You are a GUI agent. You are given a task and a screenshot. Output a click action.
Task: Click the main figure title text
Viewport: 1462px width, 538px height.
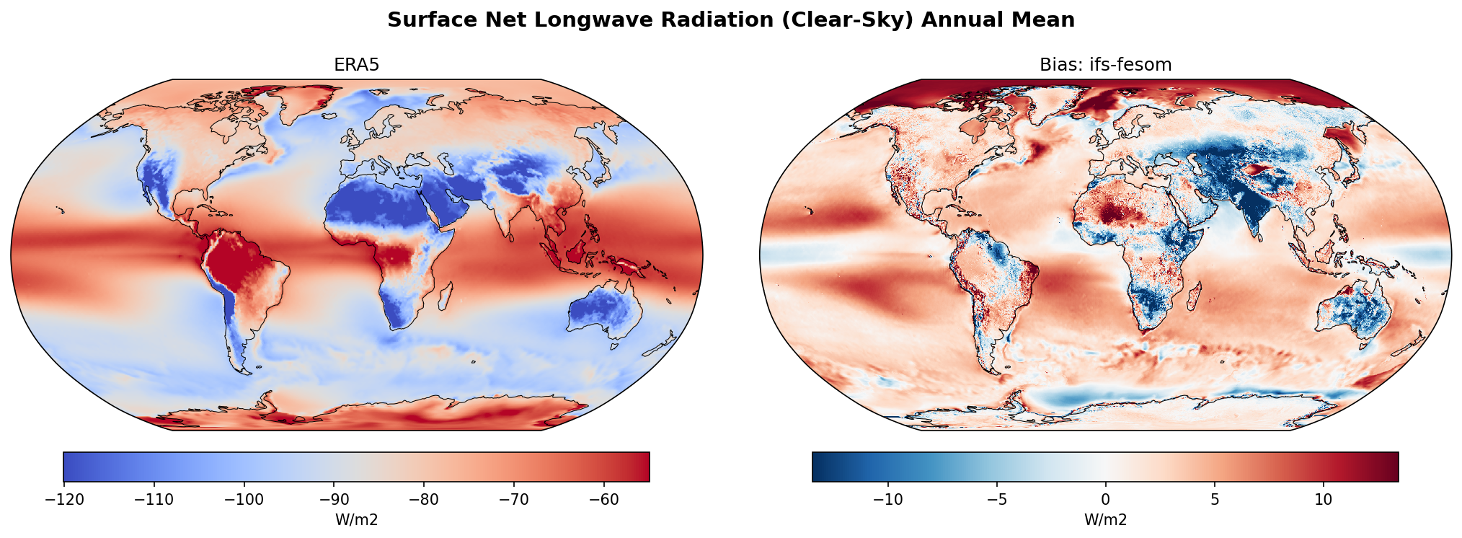point(730,19)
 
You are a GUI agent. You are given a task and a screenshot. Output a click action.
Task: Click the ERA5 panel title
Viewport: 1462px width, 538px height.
point(356,65)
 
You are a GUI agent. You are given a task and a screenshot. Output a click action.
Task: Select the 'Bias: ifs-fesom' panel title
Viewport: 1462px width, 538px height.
point(1105,65)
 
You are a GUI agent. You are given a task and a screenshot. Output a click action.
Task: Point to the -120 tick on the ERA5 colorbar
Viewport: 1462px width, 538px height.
point(64,500)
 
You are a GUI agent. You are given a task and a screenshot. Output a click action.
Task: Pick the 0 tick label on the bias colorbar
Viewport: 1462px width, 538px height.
point(1105,500)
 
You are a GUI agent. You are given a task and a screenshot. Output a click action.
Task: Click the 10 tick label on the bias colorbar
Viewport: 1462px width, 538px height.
point(1323,500)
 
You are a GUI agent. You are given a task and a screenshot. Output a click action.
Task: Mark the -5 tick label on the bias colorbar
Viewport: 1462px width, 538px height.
point(996,500)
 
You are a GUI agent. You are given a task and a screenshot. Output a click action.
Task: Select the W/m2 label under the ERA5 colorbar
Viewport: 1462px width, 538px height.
point(356,520)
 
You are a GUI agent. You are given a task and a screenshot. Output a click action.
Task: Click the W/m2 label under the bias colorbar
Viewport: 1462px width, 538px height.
point(1105,520)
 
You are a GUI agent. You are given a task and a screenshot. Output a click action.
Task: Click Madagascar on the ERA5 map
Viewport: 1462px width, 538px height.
point(445,296)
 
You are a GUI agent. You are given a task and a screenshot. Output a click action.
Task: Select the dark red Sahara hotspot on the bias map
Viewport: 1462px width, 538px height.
point(1114,212)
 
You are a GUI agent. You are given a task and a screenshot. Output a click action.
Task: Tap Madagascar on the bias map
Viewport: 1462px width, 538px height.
point(1194,296)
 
